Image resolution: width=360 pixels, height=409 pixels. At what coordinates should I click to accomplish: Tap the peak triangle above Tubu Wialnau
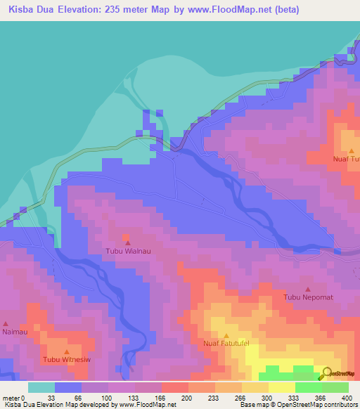point(127,242)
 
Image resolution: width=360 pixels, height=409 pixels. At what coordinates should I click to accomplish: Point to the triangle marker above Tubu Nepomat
point(308,289)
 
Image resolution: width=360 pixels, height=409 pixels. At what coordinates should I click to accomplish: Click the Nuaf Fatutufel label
point(226,344)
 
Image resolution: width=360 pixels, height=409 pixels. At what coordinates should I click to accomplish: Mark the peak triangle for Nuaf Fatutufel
point(226,335)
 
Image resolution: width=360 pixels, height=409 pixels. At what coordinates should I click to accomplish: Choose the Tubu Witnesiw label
point(67,361)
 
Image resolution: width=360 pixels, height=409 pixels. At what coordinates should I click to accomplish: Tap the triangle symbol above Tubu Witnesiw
point(67,352)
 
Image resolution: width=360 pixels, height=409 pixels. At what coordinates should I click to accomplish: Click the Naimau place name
point(14,332)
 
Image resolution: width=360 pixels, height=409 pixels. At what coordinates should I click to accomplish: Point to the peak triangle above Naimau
point(6,323)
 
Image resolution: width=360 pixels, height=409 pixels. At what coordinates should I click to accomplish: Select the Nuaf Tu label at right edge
point(346,159)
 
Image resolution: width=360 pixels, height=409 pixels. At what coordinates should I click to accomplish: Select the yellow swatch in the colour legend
point(282,387)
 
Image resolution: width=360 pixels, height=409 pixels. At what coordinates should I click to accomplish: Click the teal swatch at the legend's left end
point(41,387)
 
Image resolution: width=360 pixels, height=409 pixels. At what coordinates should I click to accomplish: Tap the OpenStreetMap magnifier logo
point(327,373)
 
